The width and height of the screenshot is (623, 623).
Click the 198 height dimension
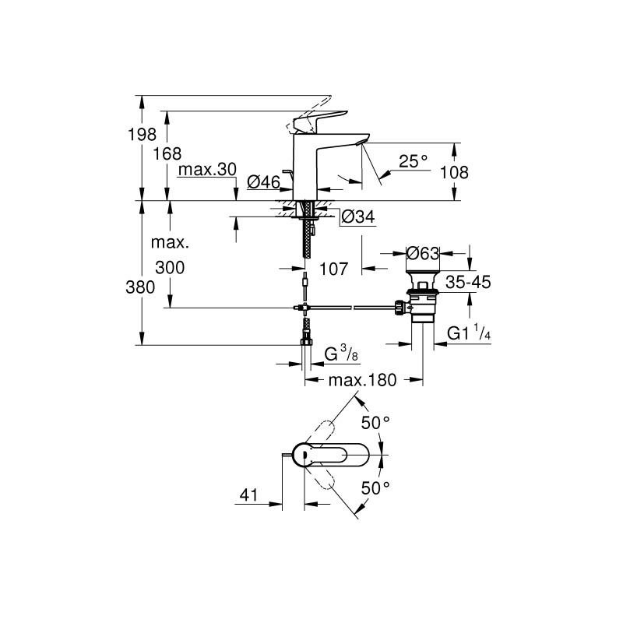(142, 134)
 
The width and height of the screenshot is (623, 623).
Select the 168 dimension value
(167, 153)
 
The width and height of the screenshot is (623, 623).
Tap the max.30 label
(207, 170)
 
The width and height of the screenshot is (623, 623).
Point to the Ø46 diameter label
(264, 182)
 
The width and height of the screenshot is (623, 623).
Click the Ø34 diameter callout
(358, 217)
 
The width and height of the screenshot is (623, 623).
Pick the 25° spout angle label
(414, 161)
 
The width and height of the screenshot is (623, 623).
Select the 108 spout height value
(455, 172)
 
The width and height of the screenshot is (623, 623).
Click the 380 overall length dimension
(140, 287)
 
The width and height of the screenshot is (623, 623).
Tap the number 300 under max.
(170, 268)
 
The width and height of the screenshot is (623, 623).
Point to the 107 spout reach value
(334, 269)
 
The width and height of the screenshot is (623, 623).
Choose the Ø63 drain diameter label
(423, 253)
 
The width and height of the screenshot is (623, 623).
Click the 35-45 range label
(468, 282)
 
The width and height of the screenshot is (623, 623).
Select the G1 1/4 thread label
(469, 333)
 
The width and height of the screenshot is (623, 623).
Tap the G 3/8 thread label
(341, 354)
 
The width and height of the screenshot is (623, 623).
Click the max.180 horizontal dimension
(362, 380)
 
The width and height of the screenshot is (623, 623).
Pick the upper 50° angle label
(375, 423)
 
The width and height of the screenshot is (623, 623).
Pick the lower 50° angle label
(375, 487)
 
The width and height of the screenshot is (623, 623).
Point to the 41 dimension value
(248, 495)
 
